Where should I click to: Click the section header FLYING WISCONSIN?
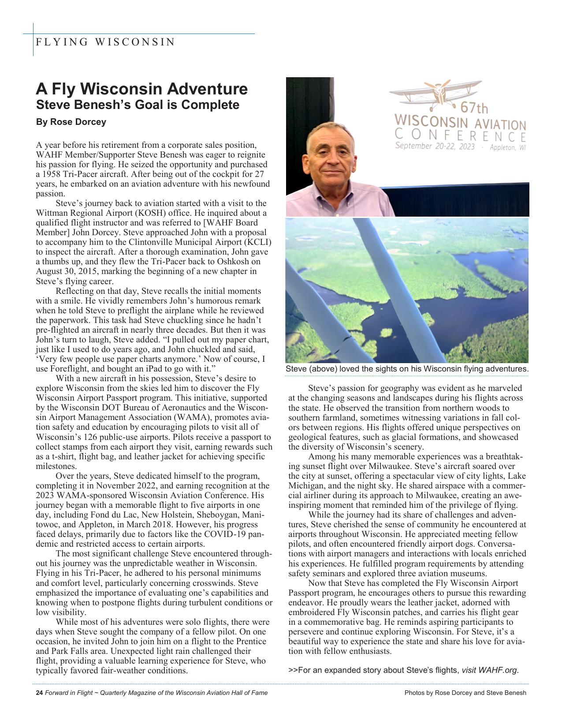click(x=105, y=42)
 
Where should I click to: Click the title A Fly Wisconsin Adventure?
click(x=141, y=89)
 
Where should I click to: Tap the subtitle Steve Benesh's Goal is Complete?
click(x=138, y=105)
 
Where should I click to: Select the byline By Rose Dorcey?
click(x=71, y=122)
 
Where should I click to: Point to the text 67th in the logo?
click(x=474, y=108)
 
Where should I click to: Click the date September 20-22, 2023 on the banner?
click(x=434, y=146)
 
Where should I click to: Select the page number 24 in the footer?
click(x=39, y=693)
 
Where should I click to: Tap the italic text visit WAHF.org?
click(x=490, y=670)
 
